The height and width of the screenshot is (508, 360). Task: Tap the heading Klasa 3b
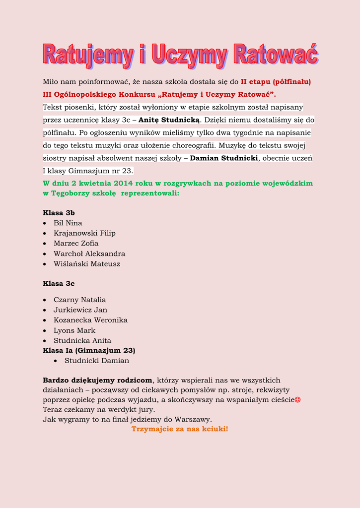59,213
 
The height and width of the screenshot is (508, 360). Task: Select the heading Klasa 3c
59,284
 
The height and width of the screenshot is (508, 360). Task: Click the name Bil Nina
68,223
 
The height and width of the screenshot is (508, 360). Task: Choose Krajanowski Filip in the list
84,233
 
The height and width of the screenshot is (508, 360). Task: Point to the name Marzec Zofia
76,244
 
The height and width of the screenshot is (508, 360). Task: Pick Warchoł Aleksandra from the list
89,254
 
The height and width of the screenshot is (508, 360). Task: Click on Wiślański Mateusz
87,264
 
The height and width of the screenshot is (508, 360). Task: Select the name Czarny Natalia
79,300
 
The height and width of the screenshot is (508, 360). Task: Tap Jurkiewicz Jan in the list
80,310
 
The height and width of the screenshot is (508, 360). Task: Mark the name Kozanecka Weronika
90,320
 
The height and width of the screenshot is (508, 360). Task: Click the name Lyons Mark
74,330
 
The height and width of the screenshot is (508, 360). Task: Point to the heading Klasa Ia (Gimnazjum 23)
89,350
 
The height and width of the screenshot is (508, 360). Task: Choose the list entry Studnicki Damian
97,361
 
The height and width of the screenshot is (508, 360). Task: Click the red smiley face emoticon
297,399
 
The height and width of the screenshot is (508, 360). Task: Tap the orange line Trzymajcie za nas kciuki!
180,429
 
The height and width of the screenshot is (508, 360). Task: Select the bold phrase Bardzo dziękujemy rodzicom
97,381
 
